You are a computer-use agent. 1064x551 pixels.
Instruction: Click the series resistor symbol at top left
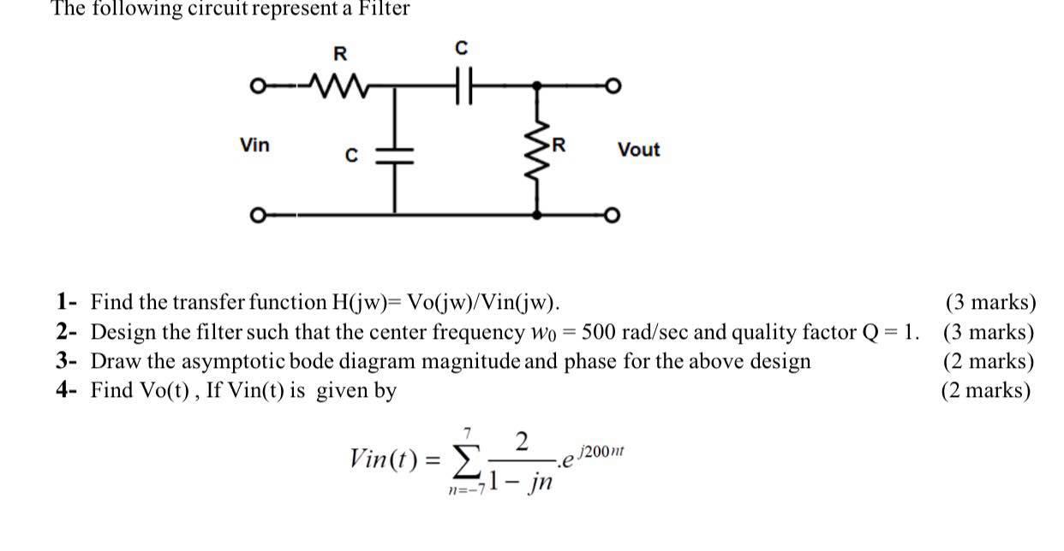coord(341,86)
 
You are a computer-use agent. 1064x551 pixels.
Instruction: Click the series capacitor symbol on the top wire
coord(463,86)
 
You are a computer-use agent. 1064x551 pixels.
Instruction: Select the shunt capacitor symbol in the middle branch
coord(396,154)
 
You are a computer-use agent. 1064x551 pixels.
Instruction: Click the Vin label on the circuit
coord(254,145)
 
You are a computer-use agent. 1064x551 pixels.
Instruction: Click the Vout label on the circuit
coord(638,150)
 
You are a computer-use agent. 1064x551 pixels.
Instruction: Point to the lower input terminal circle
coord(254,214)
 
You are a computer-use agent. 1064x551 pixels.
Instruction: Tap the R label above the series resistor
coord(340,53)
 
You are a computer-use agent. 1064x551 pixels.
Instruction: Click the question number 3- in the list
coord(68,361)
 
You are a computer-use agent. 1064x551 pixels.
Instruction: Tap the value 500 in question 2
coord(600,332)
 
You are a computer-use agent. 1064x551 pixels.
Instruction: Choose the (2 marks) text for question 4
coord(986,390)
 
